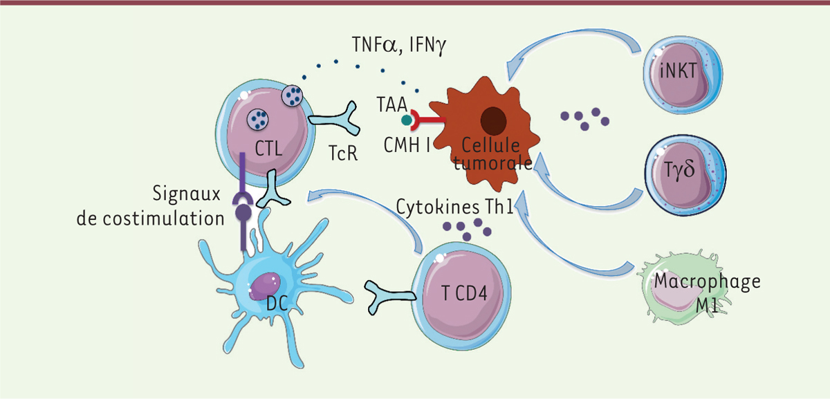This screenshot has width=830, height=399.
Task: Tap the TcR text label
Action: pyautogui.click(x=342, y=153)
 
